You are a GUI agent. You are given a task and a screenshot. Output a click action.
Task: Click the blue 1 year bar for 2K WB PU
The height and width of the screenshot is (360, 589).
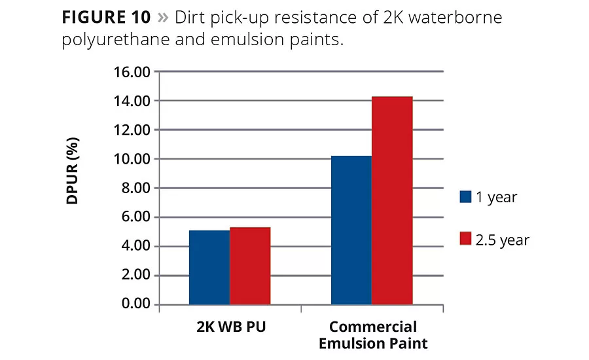click(209, 267)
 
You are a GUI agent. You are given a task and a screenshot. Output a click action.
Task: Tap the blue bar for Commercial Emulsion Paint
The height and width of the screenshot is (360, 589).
click(351, 230)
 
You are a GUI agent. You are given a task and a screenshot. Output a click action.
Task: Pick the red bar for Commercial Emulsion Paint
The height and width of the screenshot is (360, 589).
click(392, 200)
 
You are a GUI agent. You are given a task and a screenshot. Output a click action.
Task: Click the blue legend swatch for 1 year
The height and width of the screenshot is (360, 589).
click(466, 197)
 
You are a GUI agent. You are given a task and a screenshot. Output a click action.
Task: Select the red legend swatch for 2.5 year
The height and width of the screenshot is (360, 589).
click(466, 240)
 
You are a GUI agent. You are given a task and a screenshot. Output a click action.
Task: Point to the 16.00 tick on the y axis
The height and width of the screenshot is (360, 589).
click(133, 71)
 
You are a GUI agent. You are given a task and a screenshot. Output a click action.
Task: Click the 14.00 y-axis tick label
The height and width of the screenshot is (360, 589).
click(133, 101)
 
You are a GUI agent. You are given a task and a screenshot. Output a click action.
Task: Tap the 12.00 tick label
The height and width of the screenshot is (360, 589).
click(133, 130)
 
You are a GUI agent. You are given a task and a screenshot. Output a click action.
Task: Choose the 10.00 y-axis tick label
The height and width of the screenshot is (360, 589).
click(133, 159)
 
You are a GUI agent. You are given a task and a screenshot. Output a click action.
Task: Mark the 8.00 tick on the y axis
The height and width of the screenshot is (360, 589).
click(136, 188)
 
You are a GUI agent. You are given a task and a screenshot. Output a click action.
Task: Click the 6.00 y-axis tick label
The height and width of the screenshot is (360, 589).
click(136, 217)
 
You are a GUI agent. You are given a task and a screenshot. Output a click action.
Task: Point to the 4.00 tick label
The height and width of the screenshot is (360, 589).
click(136, 246)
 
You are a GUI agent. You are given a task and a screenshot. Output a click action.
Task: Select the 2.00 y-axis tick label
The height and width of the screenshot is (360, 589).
click(136, 276)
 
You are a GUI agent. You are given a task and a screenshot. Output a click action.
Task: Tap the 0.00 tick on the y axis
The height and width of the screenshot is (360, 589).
click(136, 304)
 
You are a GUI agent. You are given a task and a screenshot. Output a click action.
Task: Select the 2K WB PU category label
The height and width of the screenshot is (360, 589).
click(230, 326)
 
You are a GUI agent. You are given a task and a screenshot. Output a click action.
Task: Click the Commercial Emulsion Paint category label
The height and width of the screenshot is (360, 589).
click(372, 334)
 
